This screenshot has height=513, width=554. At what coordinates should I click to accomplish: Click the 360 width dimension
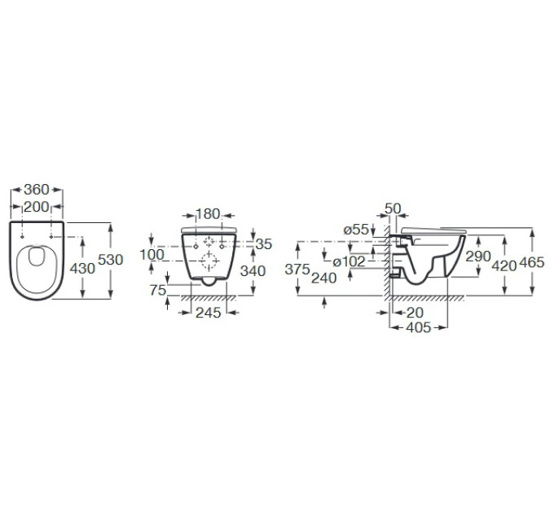click(37, 190)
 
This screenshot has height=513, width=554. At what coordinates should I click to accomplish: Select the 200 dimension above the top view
click(37, 207)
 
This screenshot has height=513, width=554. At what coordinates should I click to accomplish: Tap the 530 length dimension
click(110, 260)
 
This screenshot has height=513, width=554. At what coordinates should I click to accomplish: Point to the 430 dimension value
click(82, 269)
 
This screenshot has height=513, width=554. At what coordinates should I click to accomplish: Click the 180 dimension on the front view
click(208, 214)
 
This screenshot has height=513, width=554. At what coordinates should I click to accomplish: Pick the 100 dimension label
click(152, 255)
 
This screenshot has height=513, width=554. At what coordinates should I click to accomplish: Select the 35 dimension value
click(264, 244)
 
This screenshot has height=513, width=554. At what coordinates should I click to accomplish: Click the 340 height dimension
click(253, 271)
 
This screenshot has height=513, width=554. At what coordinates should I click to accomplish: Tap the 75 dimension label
click(157, 290)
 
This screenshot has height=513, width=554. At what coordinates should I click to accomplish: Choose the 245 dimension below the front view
click(209, 313)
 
